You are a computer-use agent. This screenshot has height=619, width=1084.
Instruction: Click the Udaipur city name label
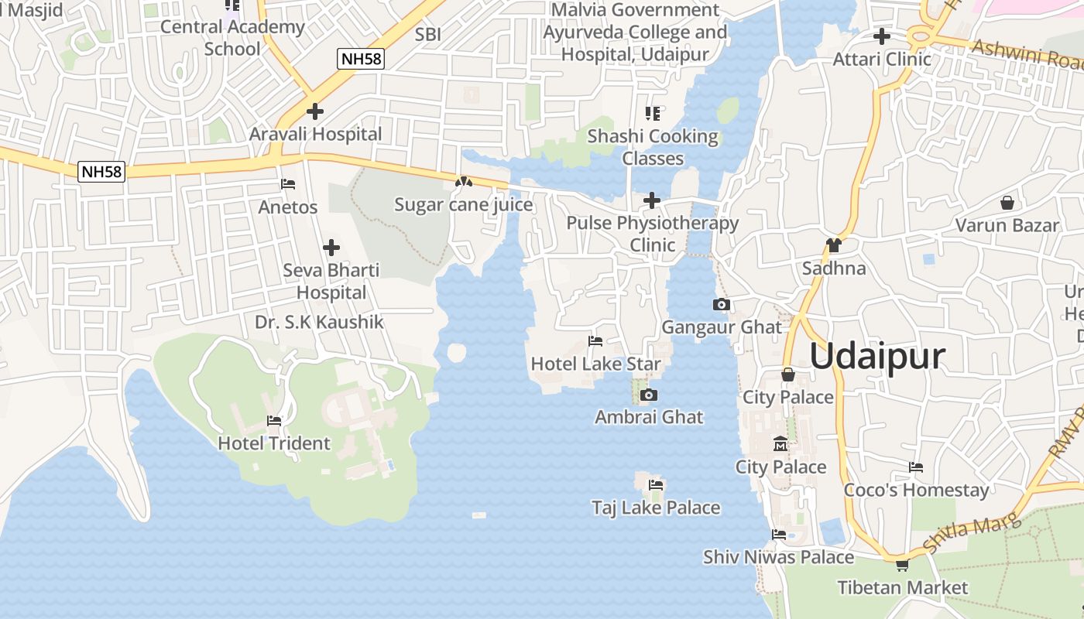877,356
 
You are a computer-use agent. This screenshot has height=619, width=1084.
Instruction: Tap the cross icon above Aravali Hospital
314,111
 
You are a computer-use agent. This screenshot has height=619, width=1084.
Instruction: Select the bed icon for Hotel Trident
274,421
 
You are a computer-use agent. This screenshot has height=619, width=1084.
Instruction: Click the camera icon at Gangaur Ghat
722,305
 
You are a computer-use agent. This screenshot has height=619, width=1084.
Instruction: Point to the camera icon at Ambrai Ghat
649,395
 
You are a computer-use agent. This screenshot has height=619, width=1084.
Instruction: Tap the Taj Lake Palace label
656,508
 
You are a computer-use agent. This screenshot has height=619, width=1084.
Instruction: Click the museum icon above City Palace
780,445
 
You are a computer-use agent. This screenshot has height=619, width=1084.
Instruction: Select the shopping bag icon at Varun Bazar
1007,203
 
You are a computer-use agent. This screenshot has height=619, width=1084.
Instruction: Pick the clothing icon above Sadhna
833,245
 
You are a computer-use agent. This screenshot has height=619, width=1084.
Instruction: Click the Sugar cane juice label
463,204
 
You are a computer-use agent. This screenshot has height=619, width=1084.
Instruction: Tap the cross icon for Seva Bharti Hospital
331,248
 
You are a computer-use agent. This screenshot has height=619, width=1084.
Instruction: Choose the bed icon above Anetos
288,184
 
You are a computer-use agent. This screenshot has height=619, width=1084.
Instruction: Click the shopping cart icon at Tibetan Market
902,565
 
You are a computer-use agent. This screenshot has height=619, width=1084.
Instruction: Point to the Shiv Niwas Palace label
778,557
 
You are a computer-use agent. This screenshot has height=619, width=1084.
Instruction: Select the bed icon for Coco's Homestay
916,467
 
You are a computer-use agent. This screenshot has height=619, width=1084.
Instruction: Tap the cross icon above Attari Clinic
881,36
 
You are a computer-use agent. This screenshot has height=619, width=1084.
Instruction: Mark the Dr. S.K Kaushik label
319,322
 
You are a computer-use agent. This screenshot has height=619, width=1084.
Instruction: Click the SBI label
428,34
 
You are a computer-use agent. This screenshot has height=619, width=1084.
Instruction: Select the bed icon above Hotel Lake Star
595,340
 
